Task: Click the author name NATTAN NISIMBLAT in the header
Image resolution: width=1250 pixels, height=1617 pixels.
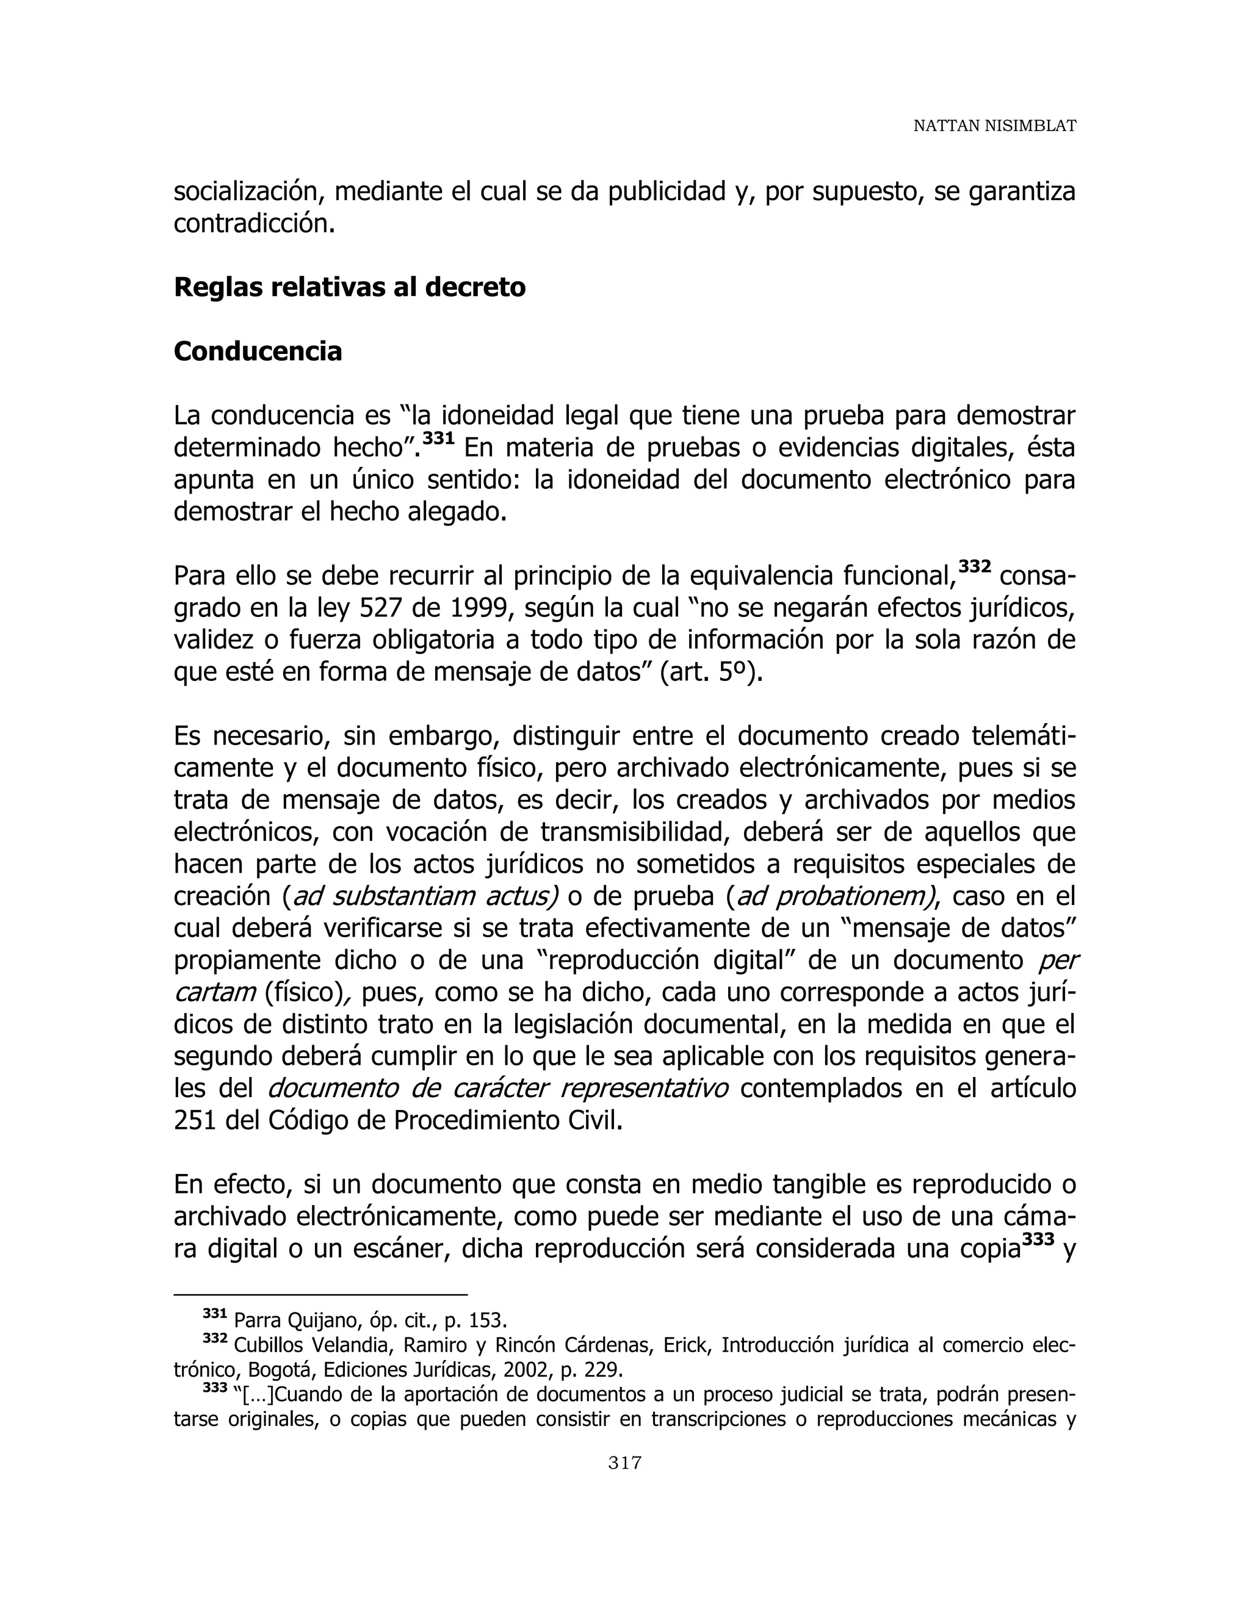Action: [994, 126]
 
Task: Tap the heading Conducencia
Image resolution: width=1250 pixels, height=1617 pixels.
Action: [258, 351]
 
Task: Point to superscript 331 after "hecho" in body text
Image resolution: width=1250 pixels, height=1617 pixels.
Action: [438, 438]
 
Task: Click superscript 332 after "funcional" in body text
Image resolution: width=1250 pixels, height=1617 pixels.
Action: [975, 566]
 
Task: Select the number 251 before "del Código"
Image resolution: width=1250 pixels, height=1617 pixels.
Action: [195, 1121]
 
